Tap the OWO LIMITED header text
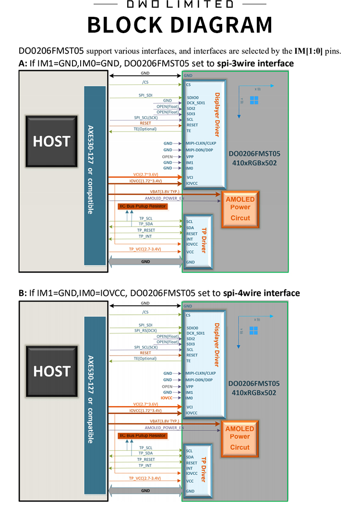pos(180,4)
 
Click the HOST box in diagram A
pos(51,141)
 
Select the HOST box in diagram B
pos(51,371)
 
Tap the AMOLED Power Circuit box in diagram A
pos(240,208)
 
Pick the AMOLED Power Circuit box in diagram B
pos(240,438)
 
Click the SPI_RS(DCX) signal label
pos(145,331)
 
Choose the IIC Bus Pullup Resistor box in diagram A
pos(142,206)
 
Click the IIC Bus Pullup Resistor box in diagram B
pos(142,436)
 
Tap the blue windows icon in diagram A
pos(254,100)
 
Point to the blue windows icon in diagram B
pos(253,330)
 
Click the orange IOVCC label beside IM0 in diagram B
pos(167,398)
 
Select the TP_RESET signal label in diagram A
pos(144,230)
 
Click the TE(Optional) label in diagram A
pos(145,129)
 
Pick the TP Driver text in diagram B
pos(204,469)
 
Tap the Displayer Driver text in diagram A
pos(216,114)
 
